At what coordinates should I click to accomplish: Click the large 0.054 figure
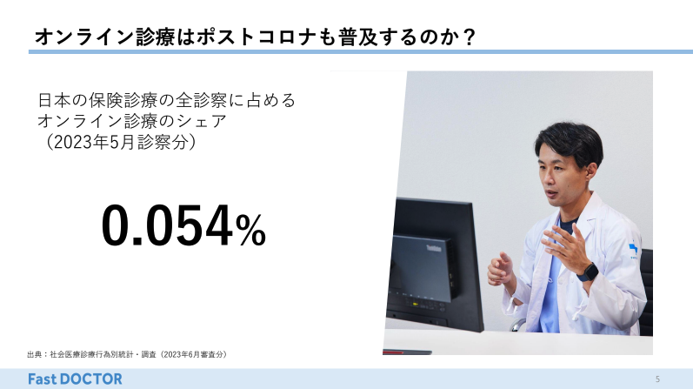(x=167, y=225)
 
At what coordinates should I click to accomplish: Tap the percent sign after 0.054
(x=250, y=229)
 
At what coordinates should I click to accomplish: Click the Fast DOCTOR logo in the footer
(x=75, y=379)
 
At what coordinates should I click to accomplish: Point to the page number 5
(x=657, y=379)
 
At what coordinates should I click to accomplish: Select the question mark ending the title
(x=470, y=37)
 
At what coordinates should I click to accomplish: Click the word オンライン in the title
(x=84, y=37)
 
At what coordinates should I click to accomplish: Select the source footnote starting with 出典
(x=127, y=354)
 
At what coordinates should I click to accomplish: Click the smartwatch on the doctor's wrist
(x=588, y=272)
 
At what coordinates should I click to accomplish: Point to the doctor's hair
(x=570, y=142)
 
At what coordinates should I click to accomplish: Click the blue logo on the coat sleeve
(x=633, y=249)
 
